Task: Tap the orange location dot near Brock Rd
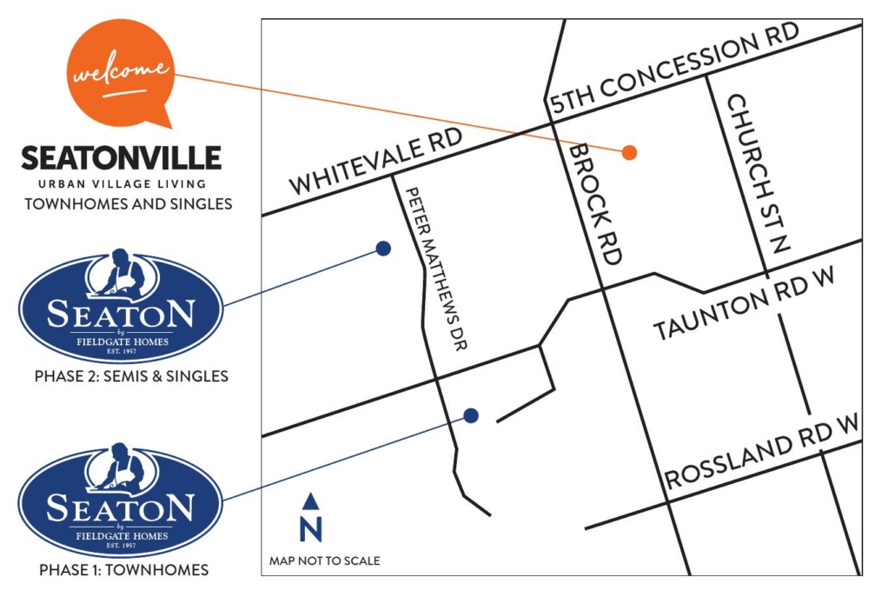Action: (630, 152)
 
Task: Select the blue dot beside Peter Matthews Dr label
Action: (382, 249)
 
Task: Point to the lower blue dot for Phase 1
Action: (471, 415)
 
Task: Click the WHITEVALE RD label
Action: (375, 163)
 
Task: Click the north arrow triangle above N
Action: (310, 501)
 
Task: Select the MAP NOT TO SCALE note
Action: (324, 560)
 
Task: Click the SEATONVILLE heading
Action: (122, 158)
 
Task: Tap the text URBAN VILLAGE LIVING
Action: (122, 183)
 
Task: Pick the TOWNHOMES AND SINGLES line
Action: (129, 204)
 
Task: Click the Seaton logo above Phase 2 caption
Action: (121, 307)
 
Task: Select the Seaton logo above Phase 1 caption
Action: (121, 501)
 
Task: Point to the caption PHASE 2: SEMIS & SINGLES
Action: (131, 376)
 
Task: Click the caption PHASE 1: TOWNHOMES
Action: (124, 570)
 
